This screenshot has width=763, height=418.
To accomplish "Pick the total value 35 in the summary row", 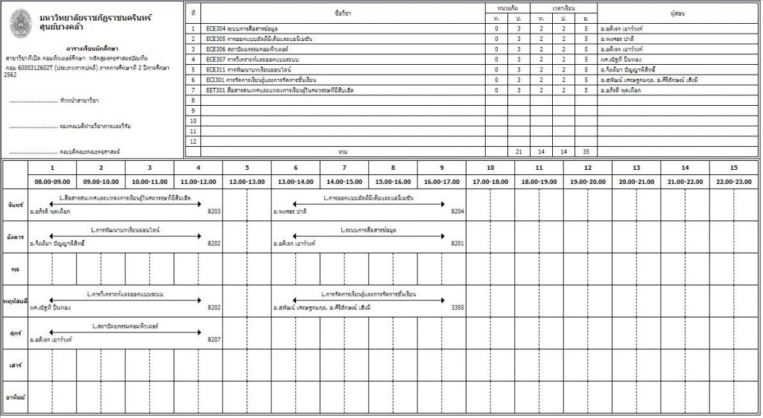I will click(x=586, y=151).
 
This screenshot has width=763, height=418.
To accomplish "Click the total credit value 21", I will click(x=519, y=151).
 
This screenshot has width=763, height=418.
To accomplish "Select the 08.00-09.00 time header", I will click(x=51, y=182).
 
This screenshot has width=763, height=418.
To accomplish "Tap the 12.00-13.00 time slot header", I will click(x=247, y=182).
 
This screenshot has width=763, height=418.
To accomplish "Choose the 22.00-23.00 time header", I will click(x=734, y=182).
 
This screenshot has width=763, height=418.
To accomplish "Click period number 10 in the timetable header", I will click(x=490, y=168).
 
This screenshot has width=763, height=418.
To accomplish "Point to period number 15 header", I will click(x=734, y=168).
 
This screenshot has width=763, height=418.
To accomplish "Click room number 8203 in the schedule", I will click(x=215, y=212).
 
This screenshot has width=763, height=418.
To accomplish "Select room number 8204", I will click(x=458, y=212).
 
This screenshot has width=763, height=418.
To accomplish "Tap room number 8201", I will click(x=458, y=243).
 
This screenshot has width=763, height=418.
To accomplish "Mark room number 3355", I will click(x=458, y=307).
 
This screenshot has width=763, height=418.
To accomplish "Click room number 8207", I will click(x=215, y=339).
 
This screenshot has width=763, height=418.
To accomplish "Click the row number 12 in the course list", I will click(x=193, y=141).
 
